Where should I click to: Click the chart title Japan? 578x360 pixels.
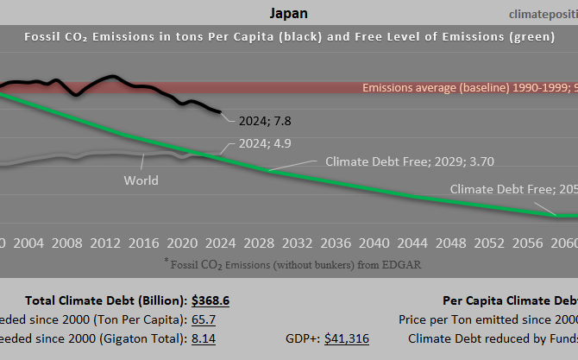288,13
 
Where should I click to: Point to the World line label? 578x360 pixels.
141,180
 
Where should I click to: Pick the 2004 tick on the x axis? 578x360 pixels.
28,243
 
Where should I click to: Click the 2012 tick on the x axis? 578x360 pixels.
104,243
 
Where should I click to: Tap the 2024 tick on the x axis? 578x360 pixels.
220,243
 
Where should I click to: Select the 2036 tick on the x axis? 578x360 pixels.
335,243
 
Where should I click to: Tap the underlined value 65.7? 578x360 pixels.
203,319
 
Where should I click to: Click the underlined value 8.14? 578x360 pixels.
204,338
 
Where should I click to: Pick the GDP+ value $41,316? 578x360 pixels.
346,338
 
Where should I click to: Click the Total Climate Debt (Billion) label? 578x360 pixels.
105,300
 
